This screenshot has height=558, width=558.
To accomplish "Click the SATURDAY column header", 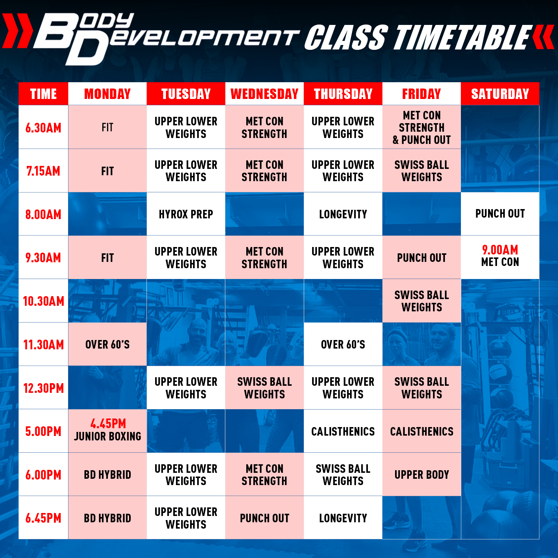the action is [x=500, y=94].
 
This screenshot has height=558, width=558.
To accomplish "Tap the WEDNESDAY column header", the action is [x=264, y=94].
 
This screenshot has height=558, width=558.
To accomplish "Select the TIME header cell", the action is [x=44, y=94].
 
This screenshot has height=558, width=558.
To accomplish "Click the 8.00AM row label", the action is [x=44, y=214].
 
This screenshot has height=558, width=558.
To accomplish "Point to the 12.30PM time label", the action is [x=44, y=388].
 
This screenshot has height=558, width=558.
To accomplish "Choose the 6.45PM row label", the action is [x=44, y=518].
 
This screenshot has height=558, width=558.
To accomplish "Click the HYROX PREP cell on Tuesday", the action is [x=186, y=214].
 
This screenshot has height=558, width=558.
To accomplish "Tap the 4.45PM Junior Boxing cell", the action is [x=108, y=431].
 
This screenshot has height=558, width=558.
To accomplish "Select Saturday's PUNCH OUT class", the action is [x=500, y=214].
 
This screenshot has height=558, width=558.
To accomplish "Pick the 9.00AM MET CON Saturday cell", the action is [x=500, y=257].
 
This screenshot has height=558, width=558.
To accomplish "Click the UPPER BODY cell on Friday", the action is [x=421, y=474].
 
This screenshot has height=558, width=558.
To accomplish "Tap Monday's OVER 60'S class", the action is [x=108, y=344].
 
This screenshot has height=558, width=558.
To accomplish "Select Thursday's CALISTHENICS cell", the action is [x=343, y=431].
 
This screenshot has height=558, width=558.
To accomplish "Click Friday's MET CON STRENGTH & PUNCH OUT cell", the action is [x=421, y=127].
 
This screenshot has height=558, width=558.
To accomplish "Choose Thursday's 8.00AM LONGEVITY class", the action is [x=343, y=214].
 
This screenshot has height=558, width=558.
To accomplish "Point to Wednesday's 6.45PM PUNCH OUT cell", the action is [x=264, y=518].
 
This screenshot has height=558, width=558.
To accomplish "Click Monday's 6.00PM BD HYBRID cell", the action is [x=108, y=474].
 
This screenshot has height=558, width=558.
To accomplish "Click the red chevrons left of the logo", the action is [x=17, y=31].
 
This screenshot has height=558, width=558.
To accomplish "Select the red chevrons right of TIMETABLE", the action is [x=543, y=37].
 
